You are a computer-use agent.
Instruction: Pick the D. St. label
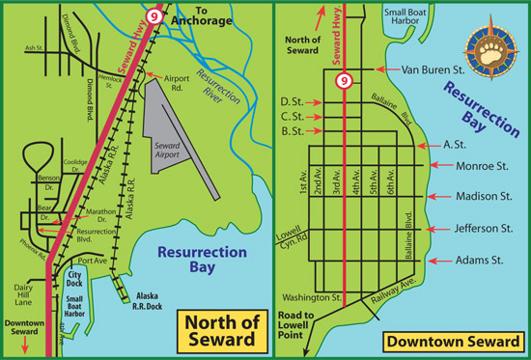coord(291,101)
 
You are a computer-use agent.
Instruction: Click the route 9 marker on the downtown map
coord(344,82)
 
